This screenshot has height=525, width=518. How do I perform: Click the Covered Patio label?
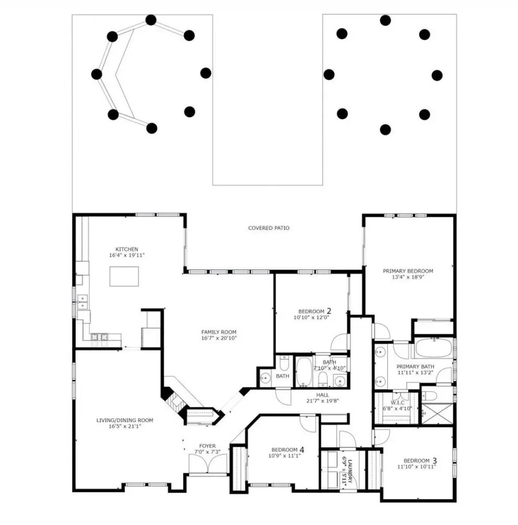(x=269, y=228)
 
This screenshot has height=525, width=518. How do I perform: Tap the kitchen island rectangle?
(x=124, y=276)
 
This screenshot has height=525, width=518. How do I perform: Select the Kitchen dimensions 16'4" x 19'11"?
(x=127, y=255)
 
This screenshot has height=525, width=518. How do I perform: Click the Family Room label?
(x=219, y=332)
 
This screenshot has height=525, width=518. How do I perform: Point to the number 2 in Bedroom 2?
(x=329, y=311)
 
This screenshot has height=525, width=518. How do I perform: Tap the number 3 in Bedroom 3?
(x=434, y=460)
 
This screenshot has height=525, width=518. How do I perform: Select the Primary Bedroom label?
(x=408, y=271)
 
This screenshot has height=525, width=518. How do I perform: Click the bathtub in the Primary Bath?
(x=434, y=348)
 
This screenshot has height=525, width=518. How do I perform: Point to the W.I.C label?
(x=397, y=402)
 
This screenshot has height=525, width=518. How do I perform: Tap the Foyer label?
(x=207, y=446)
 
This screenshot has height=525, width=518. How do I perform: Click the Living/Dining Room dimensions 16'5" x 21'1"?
(x=125, y=426)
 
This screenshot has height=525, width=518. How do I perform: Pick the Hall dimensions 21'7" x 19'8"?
(x=323, y=401)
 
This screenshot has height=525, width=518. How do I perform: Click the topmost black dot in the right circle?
(x=385, y=20)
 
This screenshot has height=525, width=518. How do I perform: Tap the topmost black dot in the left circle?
(x=151, y=20)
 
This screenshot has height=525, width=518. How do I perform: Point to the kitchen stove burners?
(x=100, y=337)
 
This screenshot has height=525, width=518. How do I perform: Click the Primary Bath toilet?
(x=429, y=396)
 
